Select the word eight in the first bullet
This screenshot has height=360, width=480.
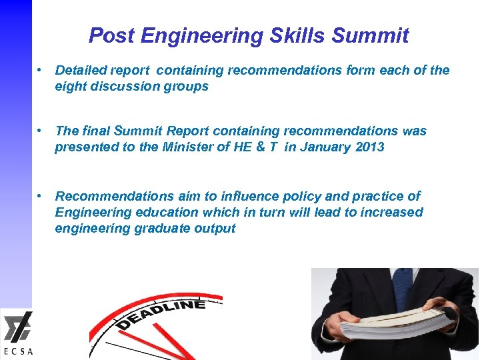69,86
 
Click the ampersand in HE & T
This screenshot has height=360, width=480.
259,147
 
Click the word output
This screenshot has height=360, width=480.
215,228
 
